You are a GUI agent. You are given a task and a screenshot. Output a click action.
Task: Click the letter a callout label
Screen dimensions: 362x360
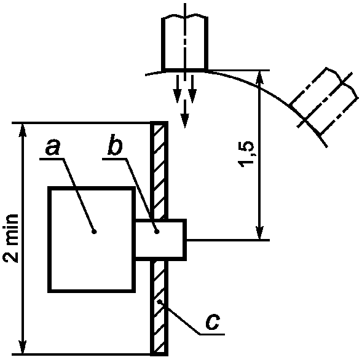[x=53, y=147]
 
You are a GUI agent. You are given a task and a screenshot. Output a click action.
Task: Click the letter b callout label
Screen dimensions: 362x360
[x=115, y=144]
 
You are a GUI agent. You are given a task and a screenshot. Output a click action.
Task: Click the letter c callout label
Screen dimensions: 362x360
[x=213, y=321]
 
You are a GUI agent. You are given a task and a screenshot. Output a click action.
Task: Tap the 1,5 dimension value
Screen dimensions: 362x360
[x=246, y=154]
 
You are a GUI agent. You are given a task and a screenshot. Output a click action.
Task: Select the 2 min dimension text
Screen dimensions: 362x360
[x=10, y=238]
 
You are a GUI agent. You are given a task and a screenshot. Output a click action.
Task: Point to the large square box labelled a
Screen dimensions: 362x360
[x=92, y=240]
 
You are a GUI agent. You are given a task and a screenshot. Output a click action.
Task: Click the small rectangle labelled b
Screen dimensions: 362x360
[x=160, y=240]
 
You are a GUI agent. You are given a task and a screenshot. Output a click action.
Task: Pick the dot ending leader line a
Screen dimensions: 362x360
[x=94, y=232]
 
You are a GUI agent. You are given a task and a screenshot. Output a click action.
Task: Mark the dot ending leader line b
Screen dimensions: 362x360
[x=157, y=232]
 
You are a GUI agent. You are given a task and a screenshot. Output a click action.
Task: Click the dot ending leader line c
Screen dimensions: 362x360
[x=159, y=301]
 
